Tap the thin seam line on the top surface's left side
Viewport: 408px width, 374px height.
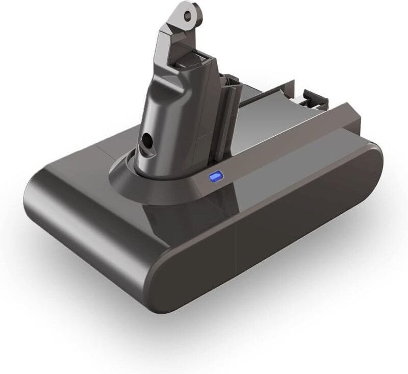[102, 153]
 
